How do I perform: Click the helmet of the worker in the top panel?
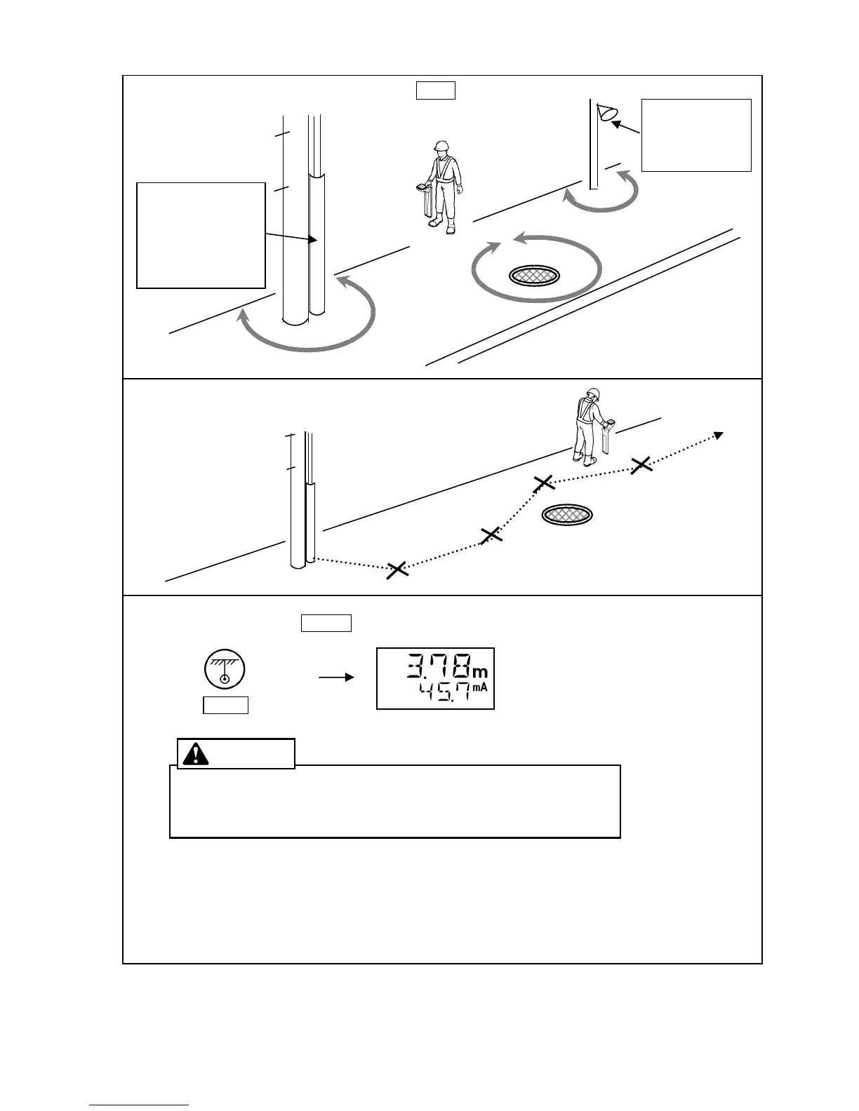coord(441,146)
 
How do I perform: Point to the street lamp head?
coord(606,113)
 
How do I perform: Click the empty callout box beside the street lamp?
coord(696,135)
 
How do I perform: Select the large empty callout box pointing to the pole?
coord(201,235)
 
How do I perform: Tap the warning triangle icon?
coord(195,753)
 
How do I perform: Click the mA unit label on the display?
coord(480,688)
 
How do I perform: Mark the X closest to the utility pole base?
coord(397,570)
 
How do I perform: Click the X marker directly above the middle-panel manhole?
coord(544,483)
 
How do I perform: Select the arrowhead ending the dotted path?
coord(718,435)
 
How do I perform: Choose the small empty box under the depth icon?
coord(225,706)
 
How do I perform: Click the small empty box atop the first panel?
coord(435,90)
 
